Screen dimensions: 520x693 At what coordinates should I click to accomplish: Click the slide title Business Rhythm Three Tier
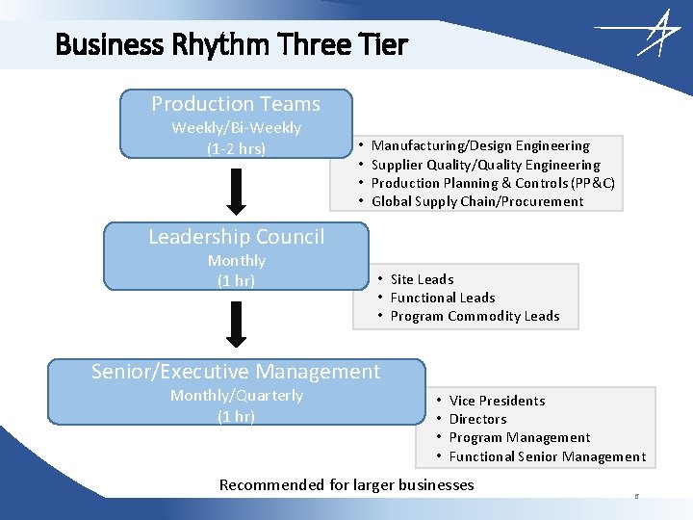[231, 44]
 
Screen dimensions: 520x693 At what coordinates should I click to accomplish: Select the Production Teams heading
[236, 104]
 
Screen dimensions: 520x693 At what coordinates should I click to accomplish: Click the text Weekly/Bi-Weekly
[236, 128]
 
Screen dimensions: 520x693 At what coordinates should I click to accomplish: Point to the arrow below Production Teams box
[236, 192]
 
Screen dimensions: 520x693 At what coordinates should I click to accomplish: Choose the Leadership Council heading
[236, 237]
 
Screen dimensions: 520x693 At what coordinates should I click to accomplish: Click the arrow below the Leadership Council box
[236, 325]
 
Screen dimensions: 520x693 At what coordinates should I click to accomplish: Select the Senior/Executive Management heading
[236, 372]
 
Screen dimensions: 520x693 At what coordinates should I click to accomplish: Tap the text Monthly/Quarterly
[236, 396]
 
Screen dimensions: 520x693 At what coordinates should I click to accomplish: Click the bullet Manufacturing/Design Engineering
[480, 146]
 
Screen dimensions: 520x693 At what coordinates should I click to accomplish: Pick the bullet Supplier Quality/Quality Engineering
[485, 165]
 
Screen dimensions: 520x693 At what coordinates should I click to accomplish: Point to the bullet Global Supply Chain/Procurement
[477, 202]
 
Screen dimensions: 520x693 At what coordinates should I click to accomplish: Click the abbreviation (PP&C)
[593, 183]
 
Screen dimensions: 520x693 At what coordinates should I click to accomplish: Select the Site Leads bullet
[422, 279]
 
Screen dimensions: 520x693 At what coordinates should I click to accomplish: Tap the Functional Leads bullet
[443, 298]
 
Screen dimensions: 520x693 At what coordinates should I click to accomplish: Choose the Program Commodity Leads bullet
[475, 316]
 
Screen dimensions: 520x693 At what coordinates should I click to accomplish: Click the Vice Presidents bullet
[497, 401]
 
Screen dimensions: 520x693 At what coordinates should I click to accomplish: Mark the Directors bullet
[477, 419]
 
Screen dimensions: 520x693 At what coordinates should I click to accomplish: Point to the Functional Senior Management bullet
[548, 456]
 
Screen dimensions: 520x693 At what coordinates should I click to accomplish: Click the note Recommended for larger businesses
[346, 484]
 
